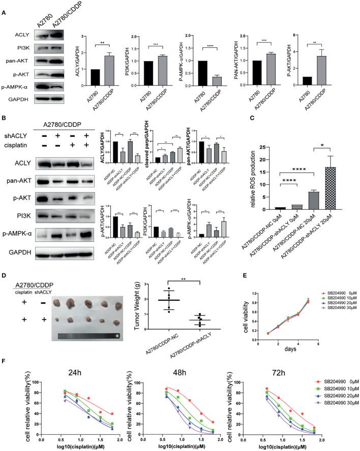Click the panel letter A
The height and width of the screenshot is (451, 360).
pyautogui.click(x=5, y=6)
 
